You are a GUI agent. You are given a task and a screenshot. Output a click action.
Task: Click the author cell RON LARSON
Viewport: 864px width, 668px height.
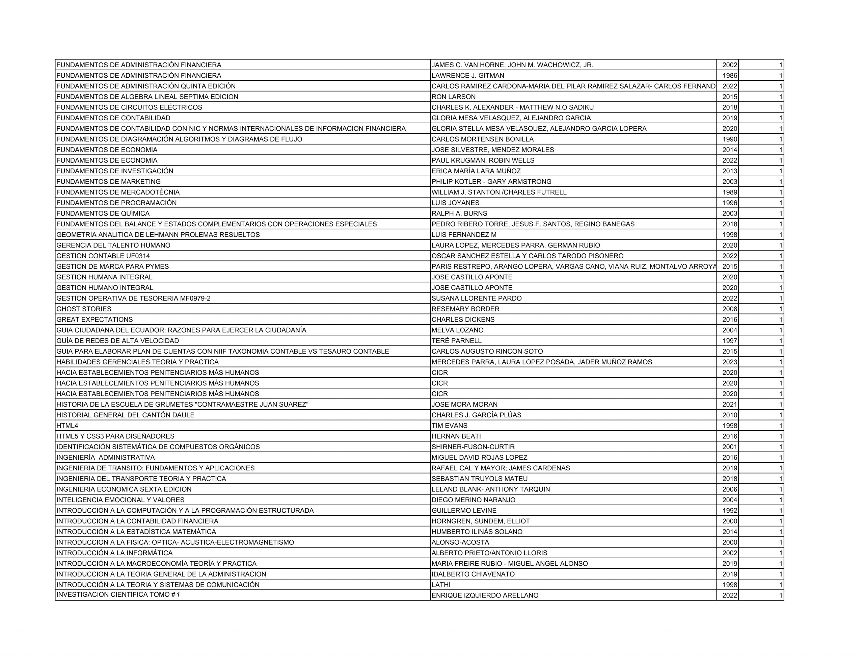453,97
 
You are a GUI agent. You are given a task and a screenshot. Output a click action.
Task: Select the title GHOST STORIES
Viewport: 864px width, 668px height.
84,309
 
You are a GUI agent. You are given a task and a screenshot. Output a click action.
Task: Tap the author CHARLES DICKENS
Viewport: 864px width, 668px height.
463,319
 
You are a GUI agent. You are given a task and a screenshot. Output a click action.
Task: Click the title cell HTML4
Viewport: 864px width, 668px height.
67,426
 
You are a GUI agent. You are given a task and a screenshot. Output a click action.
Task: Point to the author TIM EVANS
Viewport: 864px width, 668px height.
450,426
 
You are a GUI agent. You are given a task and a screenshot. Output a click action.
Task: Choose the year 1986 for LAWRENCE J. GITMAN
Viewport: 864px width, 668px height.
729,76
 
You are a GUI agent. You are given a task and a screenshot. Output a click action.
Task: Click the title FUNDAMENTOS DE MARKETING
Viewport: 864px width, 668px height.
108,182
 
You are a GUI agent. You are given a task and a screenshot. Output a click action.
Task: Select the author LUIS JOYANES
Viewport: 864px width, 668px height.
455,203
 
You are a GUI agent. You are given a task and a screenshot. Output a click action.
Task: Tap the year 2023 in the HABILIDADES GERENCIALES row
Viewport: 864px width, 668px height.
729,362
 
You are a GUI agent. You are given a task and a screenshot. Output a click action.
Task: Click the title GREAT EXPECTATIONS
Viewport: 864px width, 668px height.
94,319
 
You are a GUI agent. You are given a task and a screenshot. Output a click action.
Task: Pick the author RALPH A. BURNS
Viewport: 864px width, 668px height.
459,213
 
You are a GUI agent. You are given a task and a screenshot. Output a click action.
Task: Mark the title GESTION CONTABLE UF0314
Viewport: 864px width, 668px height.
103,256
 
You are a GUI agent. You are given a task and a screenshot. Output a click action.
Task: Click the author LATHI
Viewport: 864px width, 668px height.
441,585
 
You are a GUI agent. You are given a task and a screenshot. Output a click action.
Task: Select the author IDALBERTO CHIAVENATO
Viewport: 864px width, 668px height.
473,574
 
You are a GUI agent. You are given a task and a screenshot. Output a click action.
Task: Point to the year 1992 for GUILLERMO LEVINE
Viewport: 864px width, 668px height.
729,510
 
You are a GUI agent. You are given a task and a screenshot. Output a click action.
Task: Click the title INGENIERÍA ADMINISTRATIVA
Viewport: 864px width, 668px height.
106,457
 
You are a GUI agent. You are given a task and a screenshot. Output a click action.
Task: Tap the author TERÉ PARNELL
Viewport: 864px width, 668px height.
457,340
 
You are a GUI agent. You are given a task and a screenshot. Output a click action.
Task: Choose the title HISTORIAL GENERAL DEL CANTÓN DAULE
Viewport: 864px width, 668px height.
126,415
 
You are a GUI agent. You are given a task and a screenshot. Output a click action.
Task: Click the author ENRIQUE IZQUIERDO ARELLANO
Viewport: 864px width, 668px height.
485,595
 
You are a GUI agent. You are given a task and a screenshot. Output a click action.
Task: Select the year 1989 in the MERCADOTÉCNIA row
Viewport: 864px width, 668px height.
729,192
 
